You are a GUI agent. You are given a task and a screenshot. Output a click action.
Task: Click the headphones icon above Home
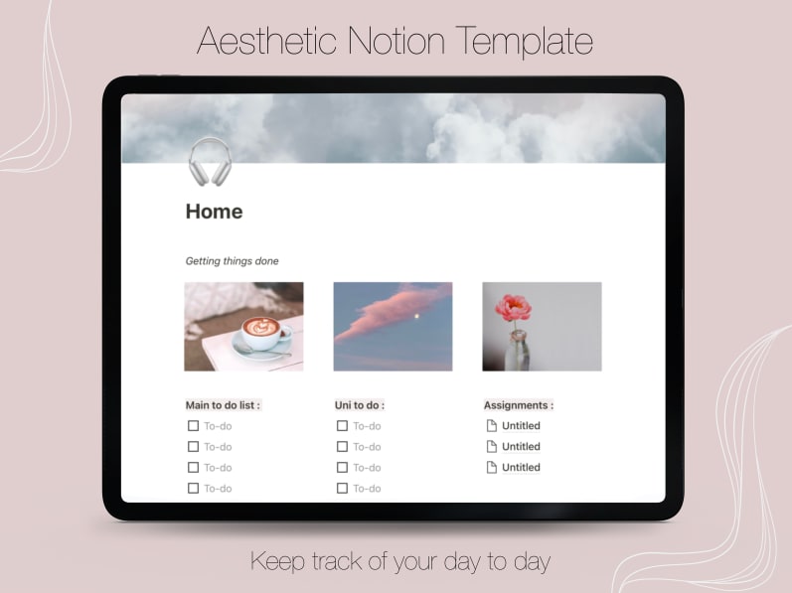pyautogui.click(x=210, y=161)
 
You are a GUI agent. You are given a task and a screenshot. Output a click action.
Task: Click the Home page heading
pyautogui.click(x=214, y=212)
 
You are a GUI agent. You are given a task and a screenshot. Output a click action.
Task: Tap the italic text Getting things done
pyautogui.click(x=232, y=261)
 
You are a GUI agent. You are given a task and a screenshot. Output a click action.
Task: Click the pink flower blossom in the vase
pyautogui.click(x=513, y=307)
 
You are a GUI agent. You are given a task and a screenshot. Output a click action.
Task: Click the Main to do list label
pyautogui.click(x=223, y=405)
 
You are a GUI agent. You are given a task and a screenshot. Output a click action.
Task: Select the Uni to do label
pyautogui.click(x=360, y=405)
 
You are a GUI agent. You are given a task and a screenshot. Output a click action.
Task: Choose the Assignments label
pyautogui.click(x=519, y=405)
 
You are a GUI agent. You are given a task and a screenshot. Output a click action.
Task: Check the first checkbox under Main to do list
pyautogui.click(x=193, y=426)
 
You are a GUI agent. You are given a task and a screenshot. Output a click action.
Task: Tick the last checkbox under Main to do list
pyautogui.click(x=193, y=488)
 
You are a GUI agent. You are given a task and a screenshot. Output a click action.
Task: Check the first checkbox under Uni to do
pyautogui.click(x=342, y=426)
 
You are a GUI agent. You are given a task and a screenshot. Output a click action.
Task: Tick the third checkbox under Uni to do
pyautogui.click(x=342, y=468)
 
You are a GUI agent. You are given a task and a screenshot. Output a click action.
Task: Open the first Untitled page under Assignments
pyautogui.click(x=521, y=426)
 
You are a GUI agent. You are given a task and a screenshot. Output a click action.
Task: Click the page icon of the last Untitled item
pyautogui.click(x=491, y=468)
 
